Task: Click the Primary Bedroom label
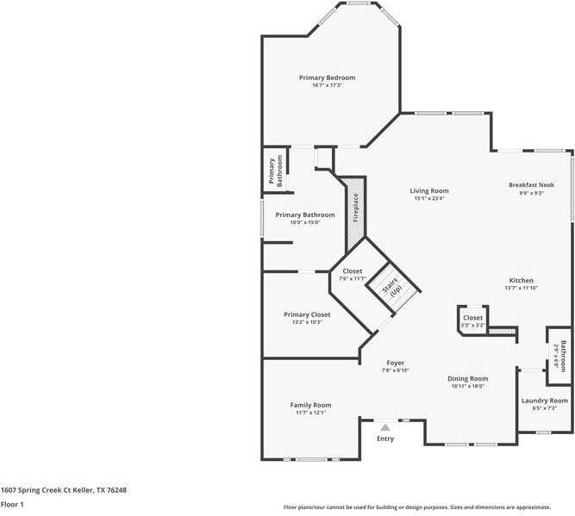327,78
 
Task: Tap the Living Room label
428,191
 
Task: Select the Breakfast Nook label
531,185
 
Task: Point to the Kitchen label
521,281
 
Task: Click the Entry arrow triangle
385,426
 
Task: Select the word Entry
385,438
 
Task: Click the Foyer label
395,363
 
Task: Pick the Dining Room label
468,378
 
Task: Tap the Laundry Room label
545,401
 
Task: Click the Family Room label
310,405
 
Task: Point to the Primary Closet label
307,314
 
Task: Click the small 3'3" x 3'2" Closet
473,318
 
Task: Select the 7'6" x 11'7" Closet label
353,271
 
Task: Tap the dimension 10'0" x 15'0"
304,222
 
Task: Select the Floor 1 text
12,504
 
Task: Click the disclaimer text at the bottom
428,507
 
